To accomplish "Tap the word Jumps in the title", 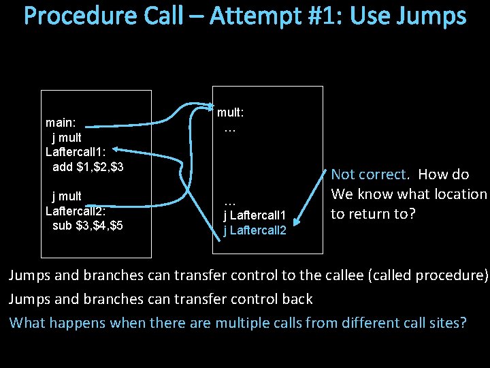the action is [431, 16].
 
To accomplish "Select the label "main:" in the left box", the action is [61, 123].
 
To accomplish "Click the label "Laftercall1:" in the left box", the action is [74, 152].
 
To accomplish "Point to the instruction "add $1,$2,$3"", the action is [88, 167].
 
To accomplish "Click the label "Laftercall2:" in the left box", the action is [75, 211].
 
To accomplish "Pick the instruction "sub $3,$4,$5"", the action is [88, 226].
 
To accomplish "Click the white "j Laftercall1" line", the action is [255, 216].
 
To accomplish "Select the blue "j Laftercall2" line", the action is [255, 230].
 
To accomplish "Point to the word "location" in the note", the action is [458, 194].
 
